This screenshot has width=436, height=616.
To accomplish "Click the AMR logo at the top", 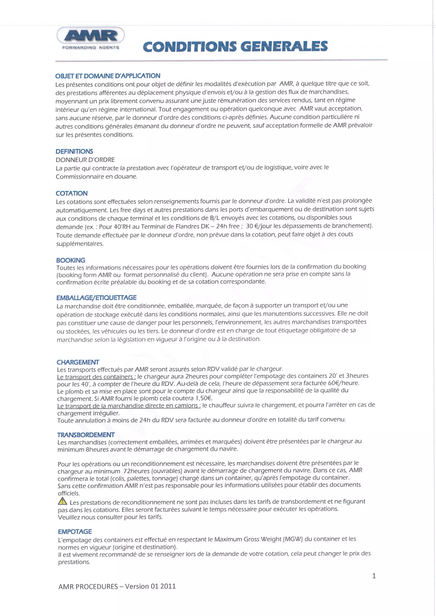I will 90,35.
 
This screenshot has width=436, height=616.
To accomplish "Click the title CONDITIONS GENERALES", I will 235,46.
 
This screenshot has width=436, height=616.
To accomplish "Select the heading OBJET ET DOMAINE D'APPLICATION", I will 108,76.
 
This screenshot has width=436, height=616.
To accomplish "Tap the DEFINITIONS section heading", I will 74,151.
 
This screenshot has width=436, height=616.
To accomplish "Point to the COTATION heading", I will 72,193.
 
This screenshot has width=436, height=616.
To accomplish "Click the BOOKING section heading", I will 71,260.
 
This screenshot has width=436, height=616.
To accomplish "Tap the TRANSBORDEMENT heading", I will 86,435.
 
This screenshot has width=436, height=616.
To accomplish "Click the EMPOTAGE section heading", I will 75,532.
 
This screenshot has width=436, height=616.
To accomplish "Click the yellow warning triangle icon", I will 62,501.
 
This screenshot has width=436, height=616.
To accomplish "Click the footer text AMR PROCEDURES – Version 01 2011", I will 117,586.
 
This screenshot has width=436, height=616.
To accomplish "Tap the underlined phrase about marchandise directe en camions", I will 129,405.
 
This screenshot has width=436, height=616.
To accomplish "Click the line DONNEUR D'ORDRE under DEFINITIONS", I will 85,160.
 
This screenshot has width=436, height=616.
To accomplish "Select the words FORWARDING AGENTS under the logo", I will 90,47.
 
